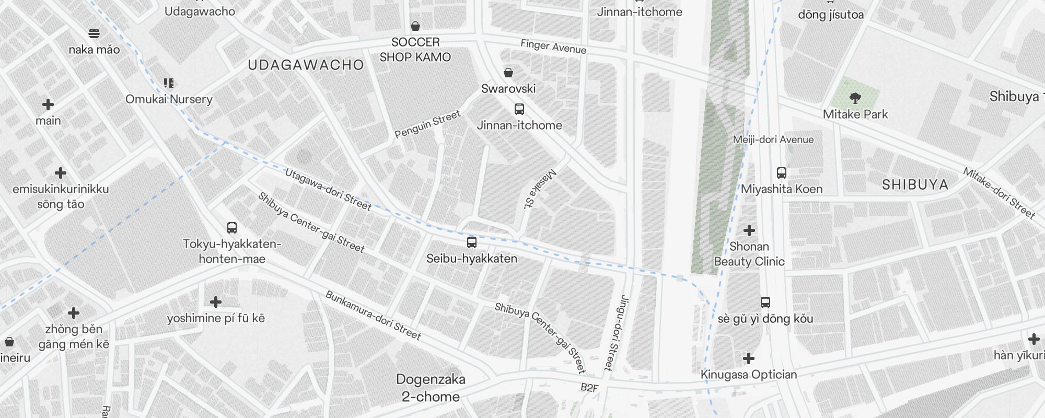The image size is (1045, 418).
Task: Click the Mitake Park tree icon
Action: click(855, 98)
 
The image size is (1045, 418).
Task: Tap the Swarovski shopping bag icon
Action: click(508, 73)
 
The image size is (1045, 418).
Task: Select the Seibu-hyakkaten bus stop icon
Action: click(471, 242)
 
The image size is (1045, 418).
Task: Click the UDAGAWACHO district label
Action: click(306, 65)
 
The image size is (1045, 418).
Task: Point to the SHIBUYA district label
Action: click(915, 184)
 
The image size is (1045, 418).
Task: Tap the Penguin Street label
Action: click(427, 124)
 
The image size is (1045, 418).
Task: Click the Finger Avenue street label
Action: click(553, 47)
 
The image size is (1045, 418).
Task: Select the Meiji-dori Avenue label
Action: click(773, 140)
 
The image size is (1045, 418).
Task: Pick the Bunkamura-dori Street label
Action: click(373, 316)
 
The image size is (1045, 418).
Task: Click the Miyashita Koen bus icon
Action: click(781, 173)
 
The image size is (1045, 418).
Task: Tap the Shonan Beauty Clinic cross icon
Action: click(749, 230)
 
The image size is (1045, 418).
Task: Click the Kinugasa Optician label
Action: click(748, 374)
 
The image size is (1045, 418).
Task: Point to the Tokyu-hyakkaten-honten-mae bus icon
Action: click(232, 228)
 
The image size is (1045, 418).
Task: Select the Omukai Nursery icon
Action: click(168, 83)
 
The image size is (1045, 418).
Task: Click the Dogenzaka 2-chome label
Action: click(430, 388)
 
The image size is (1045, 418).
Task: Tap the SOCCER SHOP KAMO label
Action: click(415, 50)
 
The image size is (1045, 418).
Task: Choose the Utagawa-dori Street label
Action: click(328, 189)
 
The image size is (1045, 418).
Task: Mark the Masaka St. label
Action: click(540, 189)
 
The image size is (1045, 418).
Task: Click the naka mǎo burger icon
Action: click(94, 33)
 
